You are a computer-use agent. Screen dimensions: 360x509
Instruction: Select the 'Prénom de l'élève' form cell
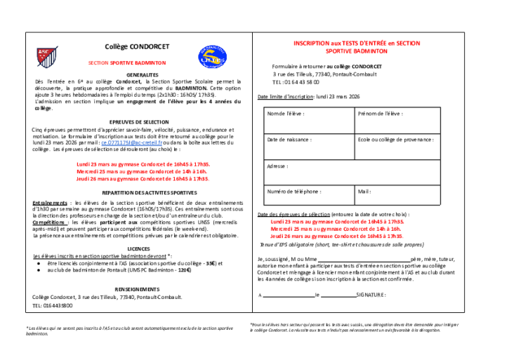(x=397, y=120)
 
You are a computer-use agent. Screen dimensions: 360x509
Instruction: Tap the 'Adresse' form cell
(x=352, y=173)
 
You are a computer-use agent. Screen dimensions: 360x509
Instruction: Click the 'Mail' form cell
(x=397, y=197)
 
